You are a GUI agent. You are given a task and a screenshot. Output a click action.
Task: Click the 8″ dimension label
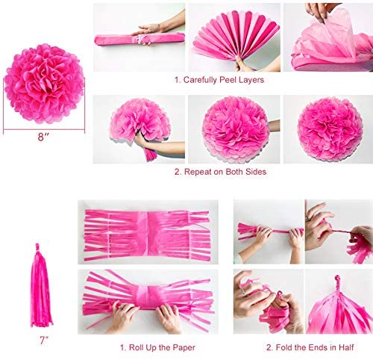point(43,137)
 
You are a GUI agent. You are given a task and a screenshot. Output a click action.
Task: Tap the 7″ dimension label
point(44,341)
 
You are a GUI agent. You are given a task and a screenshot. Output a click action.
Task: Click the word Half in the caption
point(345,347)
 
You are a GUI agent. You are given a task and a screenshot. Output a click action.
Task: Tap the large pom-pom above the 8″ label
point(44,84)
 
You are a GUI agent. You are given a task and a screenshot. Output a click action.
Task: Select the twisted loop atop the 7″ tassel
point(37,247)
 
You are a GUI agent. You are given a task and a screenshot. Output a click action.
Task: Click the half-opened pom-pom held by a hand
point(140,121)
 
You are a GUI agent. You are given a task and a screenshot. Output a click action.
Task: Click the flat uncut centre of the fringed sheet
point(148,233)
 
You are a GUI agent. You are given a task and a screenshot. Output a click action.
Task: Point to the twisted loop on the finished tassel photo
point(337,281)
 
